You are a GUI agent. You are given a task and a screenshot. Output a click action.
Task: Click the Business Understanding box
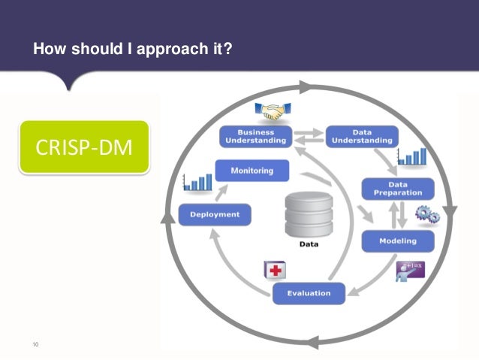click(x=255, y=136)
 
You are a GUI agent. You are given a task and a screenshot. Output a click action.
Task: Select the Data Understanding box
click(x=362, y=136)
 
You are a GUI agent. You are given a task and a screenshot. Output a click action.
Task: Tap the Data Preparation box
click(x=398, y=188)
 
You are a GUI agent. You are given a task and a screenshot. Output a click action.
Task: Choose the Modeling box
click(x=398, y=241)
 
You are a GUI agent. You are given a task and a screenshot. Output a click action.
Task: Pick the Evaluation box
click(x=308, y=293)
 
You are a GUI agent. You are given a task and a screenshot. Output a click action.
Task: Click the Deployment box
click(x=215, y=215)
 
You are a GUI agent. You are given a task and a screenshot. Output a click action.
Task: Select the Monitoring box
click(x=252, y=171)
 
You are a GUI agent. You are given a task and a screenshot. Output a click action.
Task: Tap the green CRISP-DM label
click(x=84, y=147)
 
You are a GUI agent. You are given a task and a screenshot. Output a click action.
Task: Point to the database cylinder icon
click(x=308, y=213)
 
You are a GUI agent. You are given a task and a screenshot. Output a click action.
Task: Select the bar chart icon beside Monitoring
click(x=197, y=181)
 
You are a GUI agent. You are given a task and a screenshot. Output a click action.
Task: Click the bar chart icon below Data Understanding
click(x=412, y=156)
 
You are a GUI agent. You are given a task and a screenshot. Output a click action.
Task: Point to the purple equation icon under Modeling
click(x=411, y=269)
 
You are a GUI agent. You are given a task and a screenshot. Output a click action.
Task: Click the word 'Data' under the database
click(x=308, y=244)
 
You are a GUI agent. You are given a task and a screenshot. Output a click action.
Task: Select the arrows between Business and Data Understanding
click(x=306, y=137)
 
